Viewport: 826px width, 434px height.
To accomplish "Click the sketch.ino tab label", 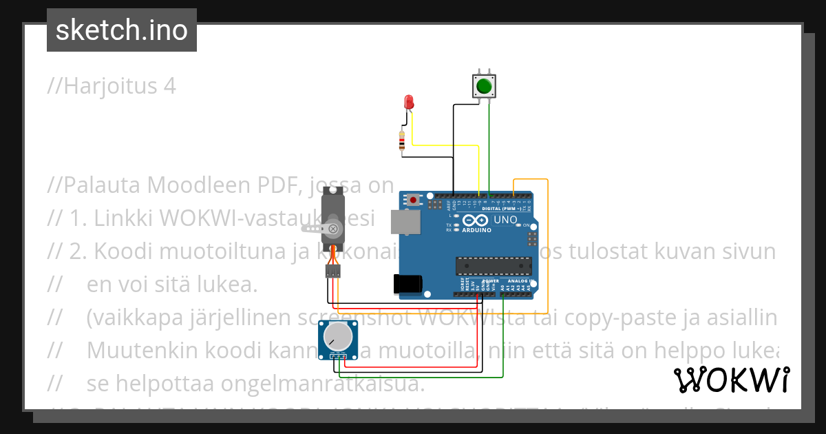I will [x=121, y=30].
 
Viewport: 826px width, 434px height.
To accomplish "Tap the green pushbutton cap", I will [x=483, y=87].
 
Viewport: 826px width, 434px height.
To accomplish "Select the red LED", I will [x=408, y=103].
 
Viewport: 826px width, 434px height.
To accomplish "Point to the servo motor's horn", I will [x=334, y=227].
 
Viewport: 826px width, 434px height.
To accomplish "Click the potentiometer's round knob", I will [x=336, y=337].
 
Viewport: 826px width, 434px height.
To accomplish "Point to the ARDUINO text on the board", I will [x=476, y=230].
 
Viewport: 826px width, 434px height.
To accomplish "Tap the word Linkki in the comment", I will [x=124, y=218].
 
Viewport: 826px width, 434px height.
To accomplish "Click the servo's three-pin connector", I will [x=333, y=271].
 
